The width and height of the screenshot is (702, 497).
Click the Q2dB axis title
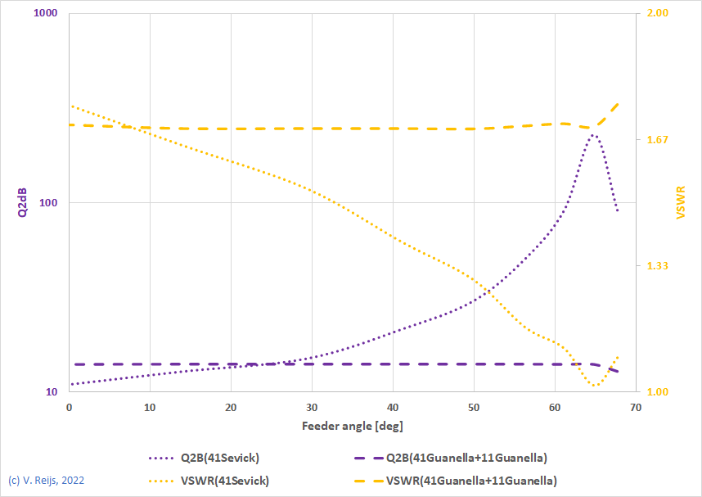tap(22, 203)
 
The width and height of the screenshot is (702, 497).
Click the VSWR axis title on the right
tap(680, 202)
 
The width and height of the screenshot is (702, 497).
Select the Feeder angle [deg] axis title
tap(352, 426)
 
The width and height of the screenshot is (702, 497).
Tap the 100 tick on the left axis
tap(48, 203)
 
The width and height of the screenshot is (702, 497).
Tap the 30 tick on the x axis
tap(312, 407)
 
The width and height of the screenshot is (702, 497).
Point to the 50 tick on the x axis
tap(474, 407)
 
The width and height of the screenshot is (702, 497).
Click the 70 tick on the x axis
tap(636, 407)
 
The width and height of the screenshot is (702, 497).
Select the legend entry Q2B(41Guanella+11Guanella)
tap(466, 457)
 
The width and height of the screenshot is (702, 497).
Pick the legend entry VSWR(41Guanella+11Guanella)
tap(471, 481)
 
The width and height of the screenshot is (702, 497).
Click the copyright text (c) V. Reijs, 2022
tap(46, 481)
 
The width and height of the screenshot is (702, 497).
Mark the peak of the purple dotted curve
tap(594, 134)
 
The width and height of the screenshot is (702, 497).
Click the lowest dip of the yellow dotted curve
tap(594, 386)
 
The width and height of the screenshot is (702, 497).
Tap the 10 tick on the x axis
tap(150, 407)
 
